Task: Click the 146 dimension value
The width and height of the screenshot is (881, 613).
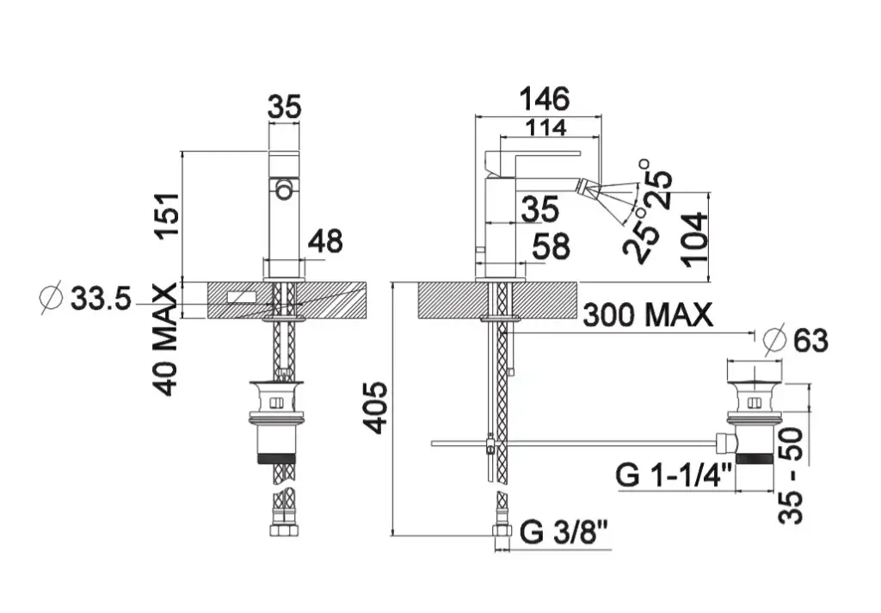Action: pos(544,99)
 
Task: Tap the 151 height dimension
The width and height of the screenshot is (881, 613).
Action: pos(169,216)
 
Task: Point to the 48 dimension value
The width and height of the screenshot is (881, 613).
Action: pos(326,241)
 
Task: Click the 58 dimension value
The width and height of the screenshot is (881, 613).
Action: pos(551,246)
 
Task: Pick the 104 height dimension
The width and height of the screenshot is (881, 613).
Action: pos(694,239)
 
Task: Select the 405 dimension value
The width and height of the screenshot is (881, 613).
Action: pos(374,408)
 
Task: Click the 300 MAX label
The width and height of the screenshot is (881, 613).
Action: pos(648,315)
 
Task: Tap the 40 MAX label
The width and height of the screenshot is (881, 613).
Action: pos(166,340)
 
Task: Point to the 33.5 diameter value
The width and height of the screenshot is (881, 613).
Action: pos(101,298)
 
